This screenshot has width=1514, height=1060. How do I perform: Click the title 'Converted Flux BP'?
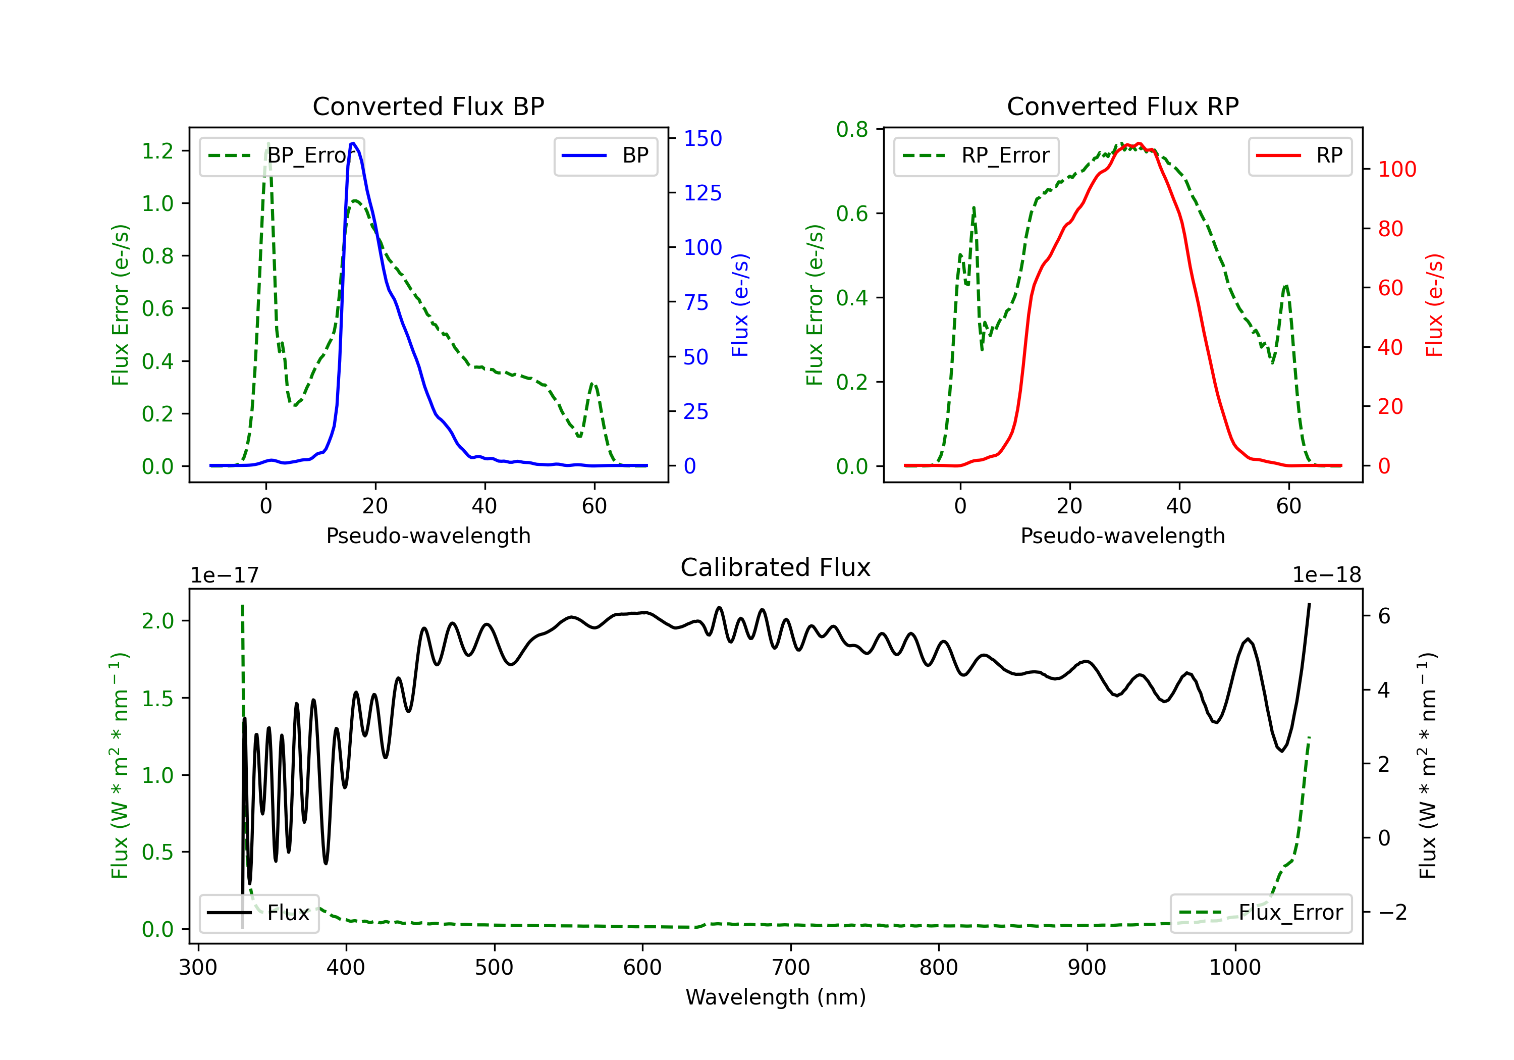(x=428, y=106)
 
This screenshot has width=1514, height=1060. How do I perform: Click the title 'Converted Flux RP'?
(x=1122, y=106)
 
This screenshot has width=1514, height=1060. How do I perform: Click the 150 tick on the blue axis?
(x=702, y=138)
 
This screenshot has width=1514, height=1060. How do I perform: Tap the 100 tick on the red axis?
(x=1396, y=170)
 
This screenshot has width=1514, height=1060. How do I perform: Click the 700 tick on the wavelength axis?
(x=790, y=968)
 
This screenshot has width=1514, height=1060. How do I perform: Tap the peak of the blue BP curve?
(x=353, y=143)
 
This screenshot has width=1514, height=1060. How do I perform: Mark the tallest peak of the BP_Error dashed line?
(x=267, y=143)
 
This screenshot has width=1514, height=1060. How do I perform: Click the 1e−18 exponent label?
(x=1326, y=575)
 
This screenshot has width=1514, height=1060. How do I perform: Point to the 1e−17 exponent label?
(x=224, y=575)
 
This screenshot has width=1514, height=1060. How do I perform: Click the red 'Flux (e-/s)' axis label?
(x=1434, y=305)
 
